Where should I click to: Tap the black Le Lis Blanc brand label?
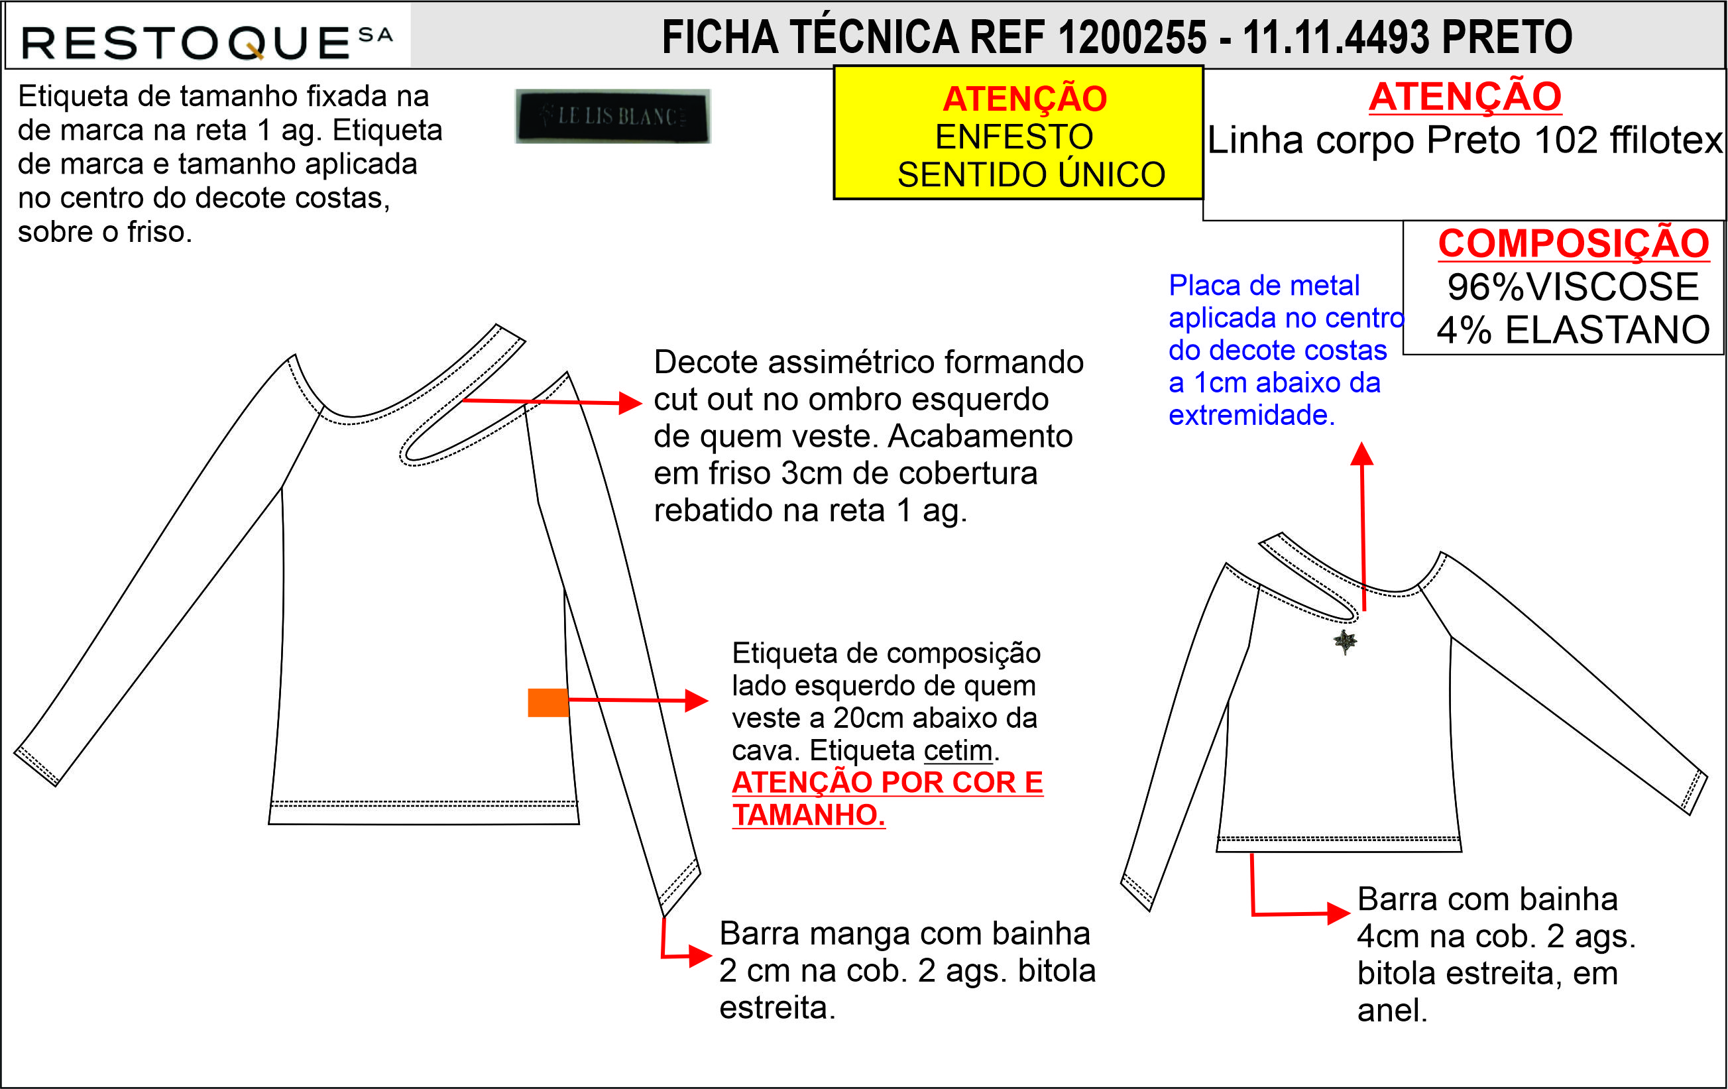pyautogui.click(x=613, y=116)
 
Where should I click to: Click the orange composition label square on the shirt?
pyautogui.click(x=548, y=703)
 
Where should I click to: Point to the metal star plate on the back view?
pyautogui.click(x=1345, y=641)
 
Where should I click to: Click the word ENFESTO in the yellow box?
pyautogui.click(x=1014, y=137)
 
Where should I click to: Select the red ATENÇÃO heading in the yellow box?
pyautogui.click(x=1025, y=98)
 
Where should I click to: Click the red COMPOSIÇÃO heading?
pyautogui.click(x=1574, y=243)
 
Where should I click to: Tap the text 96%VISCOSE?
pyautogui.click(x=1573, y=287)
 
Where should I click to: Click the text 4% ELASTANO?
pyautogui.click(x=1573, y=330)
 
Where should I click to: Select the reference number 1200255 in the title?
pyautogui.click(x=1132, y=37)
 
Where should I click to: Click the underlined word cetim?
pyautogui.click(x=958, y=750)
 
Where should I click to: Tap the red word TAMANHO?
pyautogui.click(x=809, y=815)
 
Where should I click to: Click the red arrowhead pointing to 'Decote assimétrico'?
pyautogui.click(x=630, y=402)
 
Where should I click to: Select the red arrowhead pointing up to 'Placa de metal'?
pyautogui.click(x=1362, y=453)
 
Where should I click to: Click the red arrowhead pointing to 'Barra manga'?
pyautogui.click(x=701, y=956)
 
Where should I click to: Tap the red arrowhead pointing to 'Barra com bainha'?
pyautogui.click(x=1339, y=913)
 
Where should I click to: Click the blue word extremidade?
pyautogui.click(x=1251, y=416)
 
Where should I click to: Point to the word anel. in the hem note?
pyautogui.click(x=1392, y=1010)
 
